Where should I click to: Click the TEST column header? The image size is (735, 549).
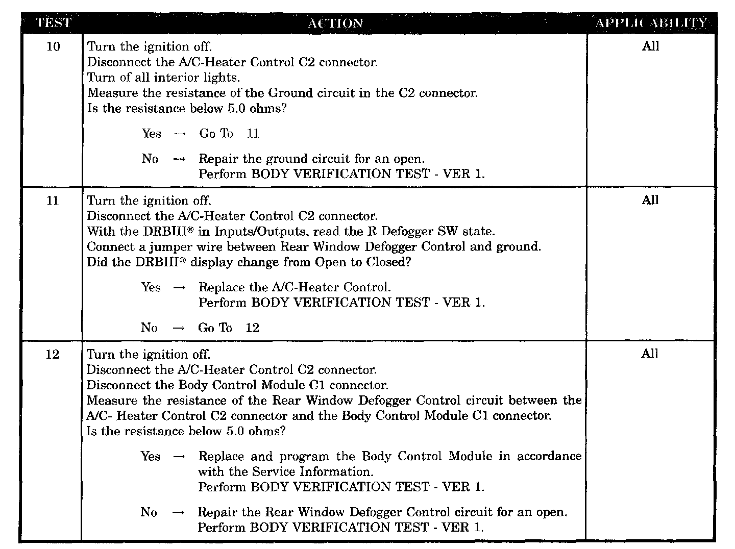(x=53, y=23)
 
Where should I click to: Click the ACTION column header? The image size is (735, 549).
(x=335, y=23)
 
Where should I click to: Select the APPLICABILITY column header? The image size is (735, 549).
(x=651, y=23)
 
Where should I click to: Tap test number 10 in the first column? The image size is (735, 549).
(x=53, y=47)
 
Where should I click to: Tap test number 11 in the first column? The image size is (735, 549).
(x=53, y=201)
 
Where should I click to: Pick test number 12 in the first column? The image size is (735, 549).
(x=53, y=354)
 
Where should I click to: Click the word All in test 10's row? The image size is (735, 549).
(x=650, y=46)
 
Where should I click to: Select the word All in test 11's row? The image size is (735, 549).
(x=650, y=201)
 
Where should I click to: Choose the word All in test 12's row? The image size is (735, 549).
(x=649, y=354)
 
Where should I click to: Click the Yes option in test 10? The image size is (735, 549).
(x=152, y=134)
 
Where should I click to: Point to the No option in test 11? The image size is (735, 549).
(x=149, y=328)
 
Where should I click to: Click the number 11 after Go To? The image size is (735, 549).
(x=253, y=134)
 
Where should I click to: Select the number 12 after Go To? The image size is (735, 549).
(x=252, y=328)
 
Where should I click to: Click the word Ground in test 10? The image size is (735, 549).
(x=290, y=93)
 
